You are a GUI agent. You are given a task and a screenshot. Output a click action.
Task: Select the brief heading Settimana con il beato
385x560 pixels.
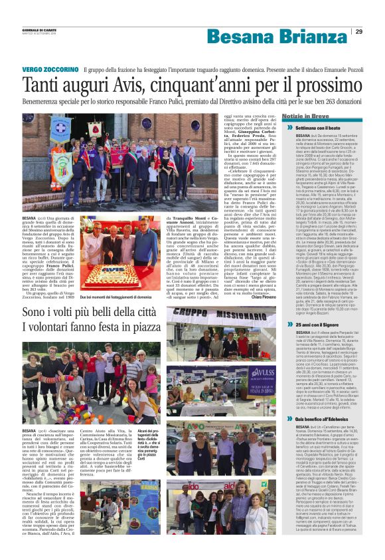coord(317,126)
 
